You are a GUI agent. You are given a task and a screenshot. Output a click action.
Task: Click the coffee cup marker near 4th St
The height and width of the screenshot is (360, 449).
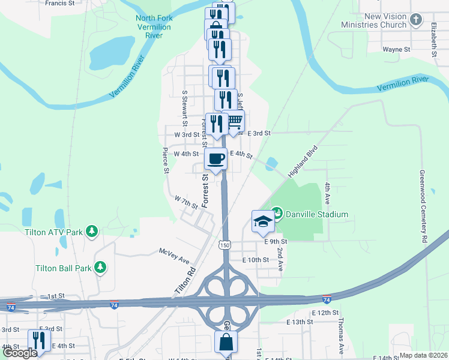pyautogui.click(x=216, y=159)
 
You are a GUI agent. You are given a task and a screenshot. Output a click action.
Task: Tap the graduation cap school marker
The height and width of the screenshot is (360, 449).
pyautogui.click(x=262, y=221)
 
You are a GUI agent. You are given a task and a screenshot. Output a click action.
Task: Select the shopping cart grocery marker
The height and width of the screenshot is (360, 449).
pyautogui.click(x=234, y=122)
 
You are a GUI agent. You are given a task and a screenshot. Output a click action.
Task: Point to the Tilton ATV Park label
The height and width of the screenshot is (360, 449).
pyautogui.click(x=53, y=232)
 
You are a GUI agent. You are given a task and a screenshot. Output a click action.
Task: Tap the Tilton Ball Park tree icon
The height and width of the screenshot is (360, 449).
pyautogui.click(x=101, y=267)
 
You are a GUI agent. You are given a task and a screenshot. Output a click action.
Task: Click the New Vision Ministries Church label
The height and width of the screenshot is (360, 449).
pyautogui.click(x=374, y=21)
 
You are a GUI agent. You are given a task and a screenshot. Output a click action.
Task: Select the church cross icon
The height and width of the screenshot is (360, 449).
pyautogui.click(x=415, y=21)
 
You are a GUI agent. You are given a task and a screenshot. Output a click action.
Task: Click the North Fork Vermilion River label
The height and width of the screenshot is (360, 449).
pyautogui.click(x=154, y=27)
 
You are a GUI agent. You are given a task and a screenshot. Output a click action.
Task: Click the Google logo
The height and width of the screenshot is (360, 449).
pyautogui.click(x=20, y=353)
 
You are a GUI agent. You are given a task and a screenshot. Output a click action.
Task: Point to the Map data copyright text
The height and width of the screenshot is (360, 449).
pyautogui.click(x=424, y=355)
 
